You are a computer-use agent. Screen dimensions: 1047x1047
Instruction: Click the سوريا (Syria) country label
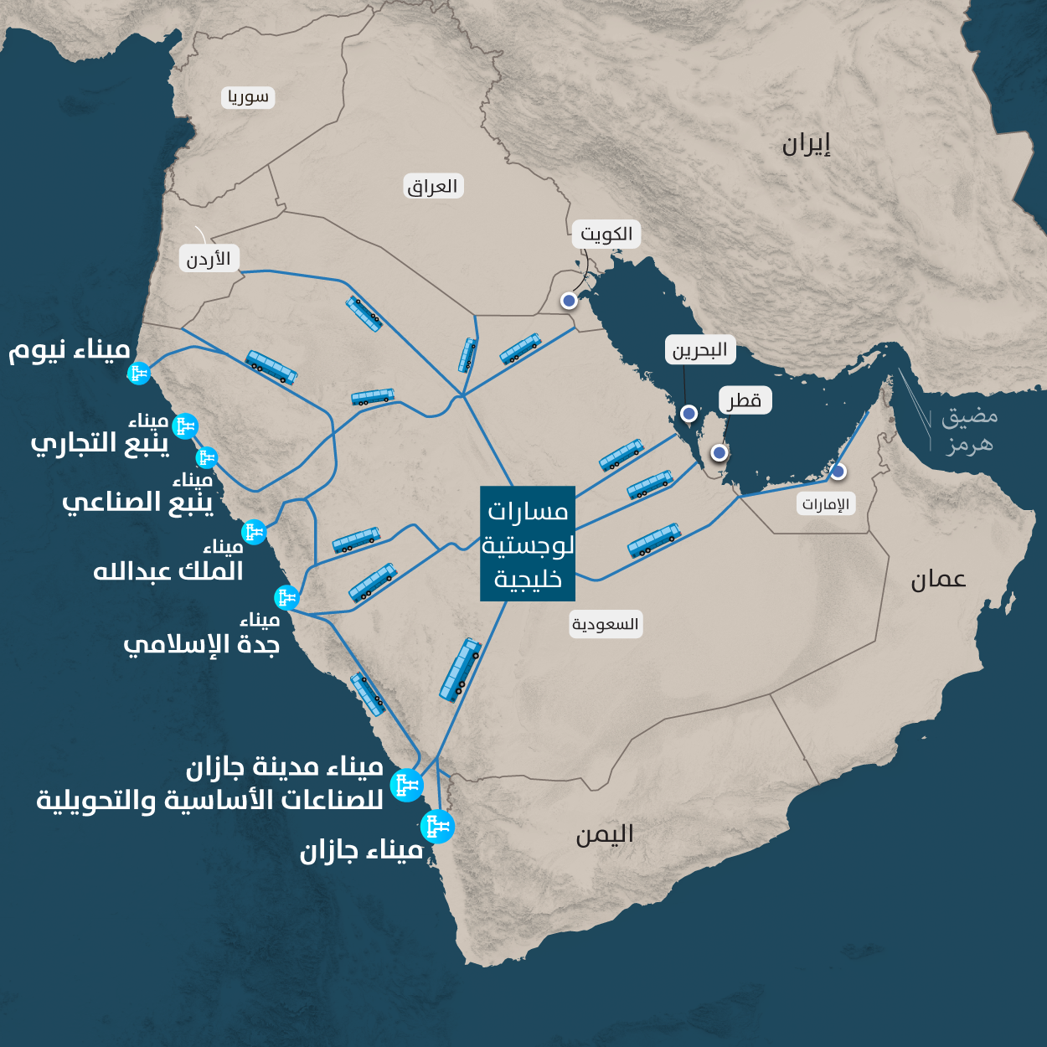click(249, 97)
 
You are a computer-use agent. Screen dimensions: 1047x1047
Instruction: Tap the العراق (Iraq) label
click(433, 186)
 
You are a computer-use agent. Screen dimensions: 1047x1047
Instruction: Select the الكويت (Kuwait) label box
click(606, 234)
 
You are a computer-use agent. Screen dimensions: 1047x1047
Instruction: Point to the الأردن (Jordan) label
click(209, 259)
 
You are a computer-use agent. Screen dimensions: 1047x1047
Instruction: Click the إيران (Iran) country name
click(806, 145)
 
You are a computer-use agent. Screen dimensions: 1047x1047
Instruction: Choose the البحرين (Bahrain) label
click(699, 350)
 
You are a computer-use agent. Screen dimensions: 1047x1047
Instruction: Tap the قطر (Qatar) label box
click(744, 401)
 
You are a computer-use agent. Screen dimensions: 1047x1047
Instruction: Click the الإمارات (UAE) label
click(825, 503)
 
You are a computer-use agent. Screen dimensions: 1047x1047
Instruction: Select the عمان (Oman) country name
click(938, 580)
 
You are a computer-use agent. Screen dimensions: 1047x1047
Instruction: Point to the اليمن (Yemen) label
click(604, 835)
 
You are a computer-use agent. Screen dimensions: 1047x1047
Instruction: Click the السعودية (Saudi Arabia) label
click(605, 624)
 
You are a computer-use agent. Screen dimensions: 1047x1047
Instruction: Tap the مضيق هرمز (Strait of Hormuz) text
click(969, 430)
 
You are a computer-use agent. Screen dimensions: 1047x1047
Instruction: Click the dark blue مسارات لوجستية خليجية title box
click(528, 544)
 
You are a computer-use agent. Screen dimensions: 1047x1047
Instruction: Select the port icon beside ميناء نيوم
click(138, 373)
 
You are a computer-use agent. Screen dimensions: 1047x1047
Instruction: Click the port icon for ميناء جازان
click(437, 828)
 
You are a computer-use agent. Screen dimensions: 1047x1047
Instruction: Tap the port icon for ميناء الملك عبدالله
click(254, 531)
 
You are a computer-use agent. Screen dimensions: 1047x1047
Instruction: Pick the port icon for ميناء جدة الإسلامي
click(286, 597)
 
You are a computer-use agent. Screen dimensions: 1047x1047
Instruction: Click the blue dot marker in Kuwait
click(569, 301)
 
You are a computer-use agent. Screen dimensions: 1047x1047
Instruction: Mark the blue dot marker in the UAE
click(838, 472)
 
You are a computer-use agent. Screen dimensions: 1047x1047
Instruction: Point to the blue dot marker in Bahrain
click(689, 413)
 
